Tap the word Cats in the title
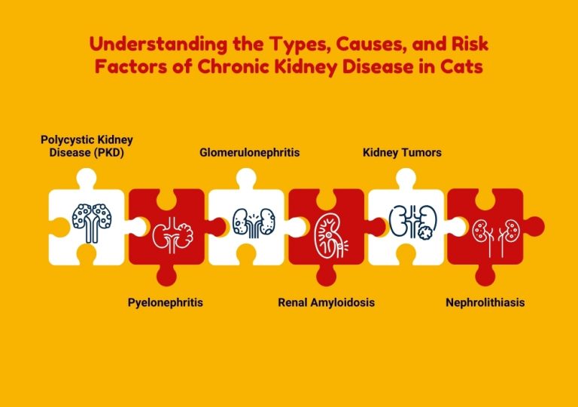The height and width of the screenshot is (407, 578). point(462,66)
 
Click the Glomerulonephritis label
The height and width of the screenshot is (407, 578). point(249,152)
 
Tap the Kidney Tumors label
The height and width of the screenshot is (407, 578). point(402,152)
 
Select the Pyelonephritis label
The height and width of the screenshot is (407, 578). point(165,302)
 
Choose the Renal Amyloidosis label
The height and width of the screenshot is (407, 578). point(326,302)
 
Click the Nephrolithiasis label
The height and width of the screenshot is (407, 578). point(485,302)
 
